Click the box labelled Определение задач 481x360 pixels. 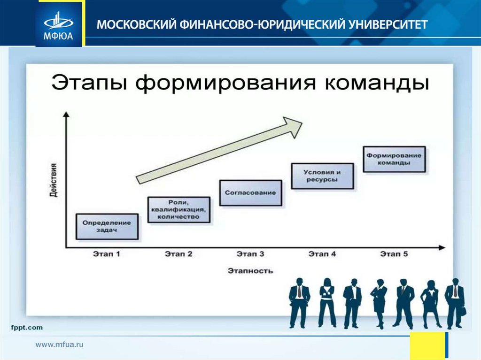tap(107, 227)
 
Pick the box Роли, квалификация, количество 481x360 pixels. tap(179, 209)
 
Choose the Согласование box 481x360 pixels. tap(250, 193)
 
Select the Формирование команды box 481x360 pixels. tap(394, 159)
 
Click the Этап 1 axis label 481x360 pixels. tap(106, 254)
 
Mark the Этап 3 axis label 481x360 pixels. tap(250, 254)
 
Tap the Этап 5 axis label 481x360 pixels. tap(394, 254)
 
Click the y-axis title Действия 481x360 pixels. tap(54, 180)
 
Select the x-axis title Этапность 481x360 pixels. tap(250, 271)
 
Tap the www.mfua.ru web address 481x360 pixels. tap(60, 345)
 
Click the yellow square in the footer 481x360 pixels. tap(427, 346)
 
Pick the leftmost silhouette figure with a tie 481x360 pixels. tap(299, 303)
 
